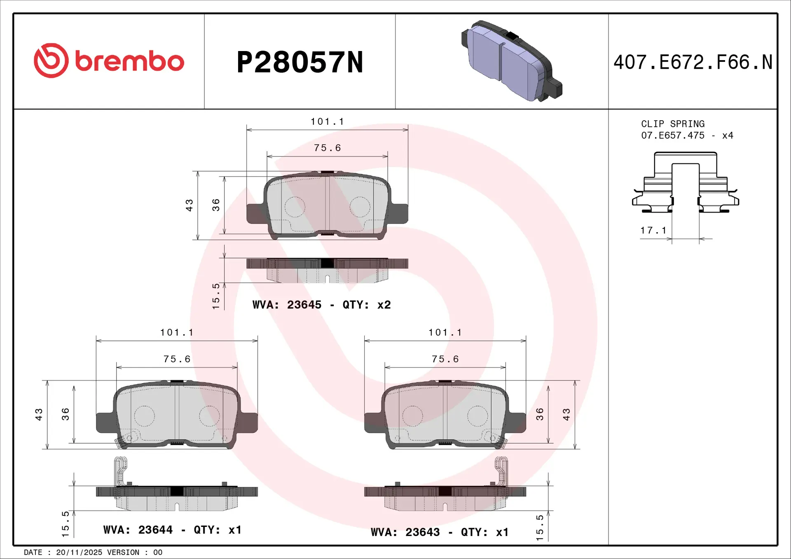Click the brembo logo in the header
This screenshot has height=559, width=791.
click(109, 61)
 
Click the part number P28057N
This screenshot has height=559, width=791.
click(300, 63)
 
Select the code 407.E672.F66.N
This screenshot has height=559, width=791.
click(693, 63)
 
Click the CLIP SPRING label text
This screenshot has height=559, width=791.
click(672, 124)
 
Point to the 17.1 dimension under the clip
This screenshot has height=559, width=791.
click(653, 231)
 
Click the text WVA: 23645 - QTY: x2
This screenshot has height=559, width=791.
click(321, 305)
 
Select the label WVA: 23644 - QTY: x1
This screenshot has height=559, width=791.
click(172, 530)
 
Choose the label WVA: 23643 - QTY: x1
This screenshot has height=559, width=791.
click(440, 532)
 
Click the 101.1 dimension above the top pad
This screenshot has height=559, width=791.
click(327, 121)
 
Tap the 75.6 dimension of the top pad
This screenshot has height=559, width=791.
click(327, 148)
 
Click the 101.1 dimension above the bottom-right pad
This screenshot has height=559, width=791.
click(445, 332)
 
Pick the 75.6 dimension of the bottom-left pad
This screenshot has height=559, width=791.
click(177, 359)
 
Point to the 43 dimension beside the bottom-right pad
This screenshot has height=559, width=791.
click(566, 414)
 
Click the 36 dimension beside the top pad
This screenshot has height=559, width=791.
click(216, 205)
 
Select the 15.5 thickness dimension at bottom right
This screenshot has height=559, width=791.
click(539, 527)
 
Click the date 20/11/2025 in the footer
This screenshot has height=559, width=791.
click(79, 552)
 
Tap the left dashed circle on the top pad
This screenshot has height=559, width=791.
click(295, 207)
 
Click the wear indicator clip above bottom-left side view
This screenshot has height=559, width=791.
click(120, 470)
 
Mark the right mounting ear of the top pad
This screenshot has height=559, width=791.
click(399, 214)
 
